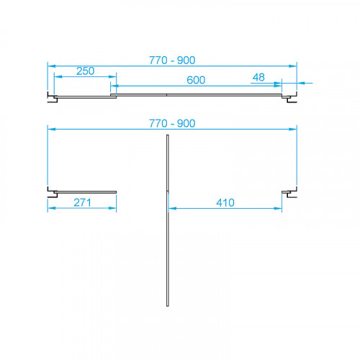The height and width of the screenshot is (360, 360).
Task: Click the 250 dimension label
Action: tap(85, 71)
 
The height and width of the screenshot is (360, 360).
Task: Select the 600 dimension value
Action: tap(196, 80)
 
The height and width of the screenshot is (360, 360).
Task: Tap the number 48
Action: tap(258, 77)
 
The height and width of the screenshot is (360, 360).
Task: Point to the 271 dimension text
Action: tap(82, 202)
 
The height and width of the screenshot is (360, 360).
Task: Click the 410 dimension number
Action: tap(225, 203)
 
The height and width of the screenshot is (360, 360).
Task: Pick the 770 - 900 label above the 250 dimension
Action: tap(172, 60)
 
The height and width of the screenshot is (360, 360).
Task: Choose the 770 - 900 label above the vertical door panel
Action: tap(172, 124)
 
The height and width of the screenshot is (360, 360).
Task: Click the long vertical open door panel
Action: tap(168, 220)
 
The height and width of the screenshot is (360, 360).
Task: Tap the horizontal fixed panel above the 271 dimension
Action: tap(85, 192)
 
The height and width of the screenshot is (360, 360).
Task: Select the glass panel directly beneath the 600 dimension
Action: tap(196, 95)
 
